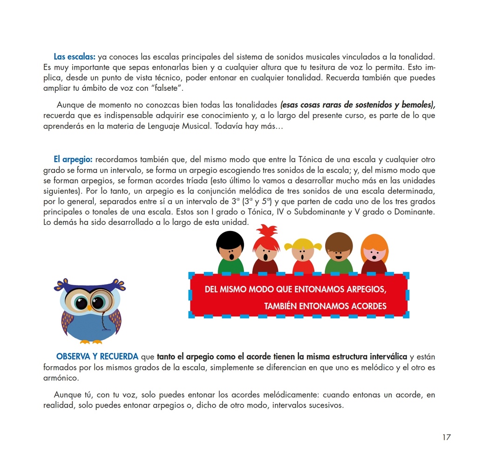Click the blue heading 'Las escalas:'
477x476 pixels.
tap(75, 57)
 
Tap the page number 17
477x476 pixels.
tap(446, 437)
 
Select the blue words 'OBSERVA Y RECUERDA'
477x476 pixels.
tap(97, 357)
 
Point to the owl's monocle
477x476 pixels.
tap(100, 303)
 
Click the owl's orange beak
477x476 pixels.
tap(89, 307)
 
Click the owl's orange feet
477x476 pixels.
tap(90, 342)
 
